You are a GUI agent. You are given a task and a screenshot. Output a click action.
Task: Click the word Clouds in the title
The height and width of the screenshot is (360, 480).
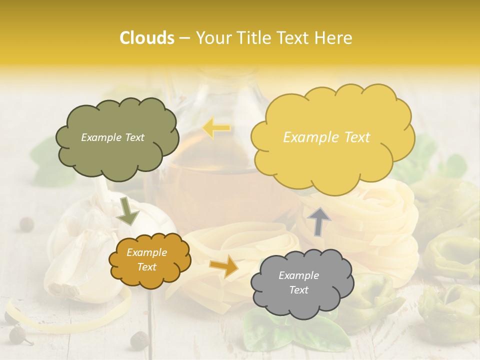tap(146, 38)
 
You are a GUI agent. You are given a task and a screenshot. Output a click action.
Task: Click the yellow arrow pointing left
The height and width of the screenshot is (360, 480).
tap(216, 128)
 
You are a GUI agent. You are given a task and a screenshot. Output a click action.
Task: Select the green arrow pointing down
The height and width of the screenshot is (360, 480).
tap(127, 210)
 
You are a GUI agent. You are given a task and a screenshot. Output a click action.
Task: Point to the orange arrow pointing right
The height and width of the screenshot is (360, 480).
tap(224, 266)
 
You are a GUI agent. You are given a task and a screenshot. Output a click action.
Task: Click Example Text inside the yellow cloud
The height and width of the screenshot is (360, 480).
tap(326, 137)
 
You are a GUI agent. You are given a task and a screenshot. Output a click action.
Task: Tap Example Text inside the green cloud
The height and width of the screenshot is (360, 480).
tap(112, 137)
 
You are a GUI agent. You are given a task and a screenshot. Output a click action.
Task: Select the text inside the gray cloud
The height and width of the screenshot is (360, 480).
tap(298, 282)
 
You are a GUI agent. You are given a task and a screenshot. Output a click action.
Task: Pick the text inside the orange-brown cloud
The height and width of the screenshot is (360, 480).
tap(146, 259)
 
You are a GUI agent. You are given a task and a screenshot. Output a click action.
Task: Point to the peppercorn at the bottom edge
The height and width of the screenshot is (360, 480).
tap(139, 341)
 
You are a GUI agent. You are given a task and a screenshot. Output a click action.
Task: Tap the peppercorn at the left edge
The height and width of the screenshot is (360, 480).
tap(26, 224)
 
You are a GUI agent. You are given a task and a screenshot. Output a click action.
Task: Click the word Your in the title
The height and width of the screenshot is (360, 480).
tap(210, 38)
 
